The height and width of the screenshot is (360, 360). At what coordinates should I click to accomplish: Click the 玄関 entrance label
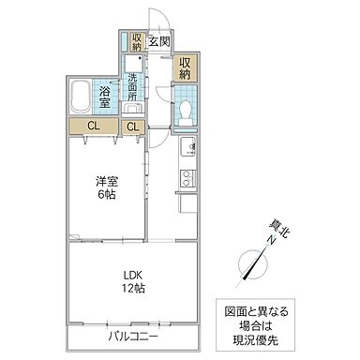[157, 42]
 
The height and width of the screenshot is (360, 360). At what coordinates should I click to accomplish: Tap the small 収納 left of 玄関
[136, 42]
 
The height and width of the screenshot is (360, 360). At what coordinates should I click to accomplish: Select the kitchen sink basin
[186, 146]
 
